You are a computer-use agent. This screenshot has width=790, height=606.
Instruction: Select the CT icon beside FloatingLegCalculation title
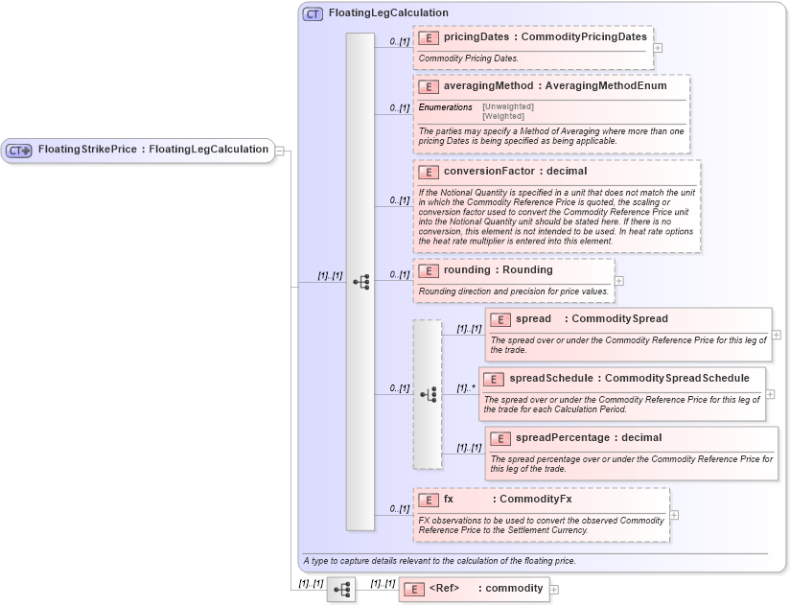point(313,14)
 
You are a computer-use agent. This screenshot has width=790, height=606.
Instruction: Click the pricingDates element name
point(476,37)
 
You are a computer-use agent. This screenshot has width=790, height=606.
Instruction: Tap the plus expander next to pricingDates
point(657,46)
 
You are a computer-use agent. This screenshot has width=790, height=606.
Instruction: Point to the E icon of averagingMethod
point(429,86)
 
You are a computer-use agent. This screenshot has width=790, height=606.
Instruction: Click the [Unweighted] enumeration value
point(508,106)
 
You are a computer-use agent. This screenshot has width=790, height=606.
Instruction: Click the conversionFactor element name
point(488,172)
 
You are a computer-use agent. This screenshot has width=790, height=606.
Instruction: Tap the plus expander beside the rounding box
point(618,281)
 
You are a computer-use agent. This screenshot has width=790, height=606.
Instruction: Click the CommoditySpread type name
point(619,319)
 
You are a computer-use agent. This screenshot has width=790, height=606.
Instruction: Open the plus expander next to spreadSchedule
point(770,393)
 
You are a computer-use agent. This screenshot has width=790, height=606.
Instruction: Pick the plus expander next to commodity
point(554,590)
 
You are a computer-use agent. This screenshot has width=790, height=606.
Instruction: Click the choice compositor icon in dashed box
point(428,394)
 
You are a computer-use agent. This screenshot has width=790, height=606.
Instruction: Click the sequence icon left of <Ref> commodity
point(341,590)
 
